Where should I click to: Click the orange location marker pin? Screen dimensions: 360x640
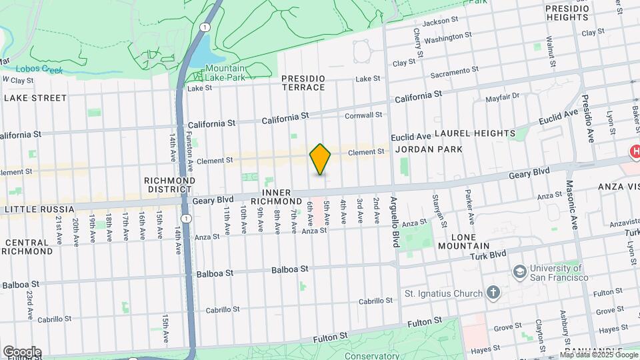(x=320, y=159)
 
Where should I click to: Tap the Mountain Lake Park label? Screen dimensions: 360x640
(x=225, y=73)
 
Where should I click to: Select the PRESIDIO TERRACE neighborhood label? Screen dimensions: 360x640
(x=303, y=83)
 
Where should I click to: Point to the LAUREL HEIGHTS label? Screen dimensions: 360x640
(x=475, y=133)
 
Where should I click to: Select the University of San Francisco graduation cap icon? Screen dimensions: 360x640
(x=519, y=271)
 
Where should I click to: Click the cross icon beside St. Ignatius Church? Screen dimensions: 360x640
(x=493, y=293)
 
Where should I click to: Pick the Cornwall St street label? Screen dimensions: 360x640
(x=363, y=115)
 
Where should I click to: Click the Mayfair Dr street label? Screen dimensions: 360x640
(x=501, y=99)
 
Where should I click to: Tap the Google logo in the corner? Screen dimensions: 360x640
(x=22, y=351)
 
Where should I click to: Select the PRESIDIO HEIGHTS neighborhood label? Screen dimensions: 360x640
(x=567, y=12)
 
